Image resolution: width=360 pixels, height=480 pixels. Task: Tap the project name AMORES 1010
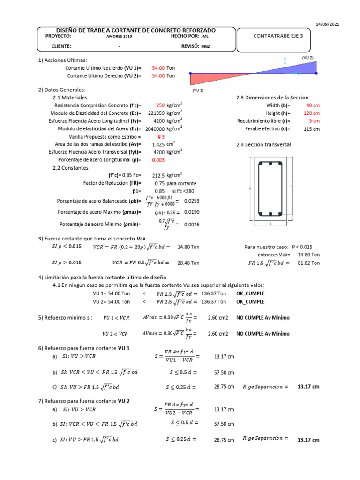[x=115, y=36]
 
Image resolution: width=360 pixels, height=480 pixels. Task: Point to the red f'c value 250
[x=160, y=105]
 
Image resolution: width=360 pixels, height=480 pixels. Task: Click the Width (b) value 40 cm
[x=313, y=105]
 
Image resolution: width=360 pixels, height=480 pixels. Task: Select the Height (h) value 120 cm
[x=312, y=113]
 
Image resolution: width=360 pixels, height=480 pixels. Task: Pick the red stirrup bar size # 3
[x=163, y=136]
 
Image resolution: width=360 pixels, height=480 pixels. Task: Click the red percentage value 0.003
[x=158, y=160]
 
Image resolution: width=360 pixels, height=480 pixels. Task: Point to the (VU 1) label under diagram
[x=198, y=90]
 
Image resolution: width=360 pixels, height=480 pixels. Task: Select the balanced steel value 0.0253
[x=192, y=201]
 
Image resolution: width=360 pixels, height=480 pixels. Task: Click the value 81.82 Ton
[x=308, y=263]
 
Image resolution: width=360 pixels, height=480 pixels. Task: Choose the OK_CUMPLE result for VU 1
[x=250, y=293]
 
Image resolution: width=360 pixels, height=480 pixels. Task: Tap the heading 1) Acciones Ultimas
[x=62, y=60]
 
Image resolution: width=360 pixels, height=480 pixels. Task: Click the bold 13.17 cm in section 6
[x=308, y=387]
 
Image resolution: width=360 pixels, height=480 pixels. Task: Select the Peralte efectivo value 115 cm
[x=311, y=128]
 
